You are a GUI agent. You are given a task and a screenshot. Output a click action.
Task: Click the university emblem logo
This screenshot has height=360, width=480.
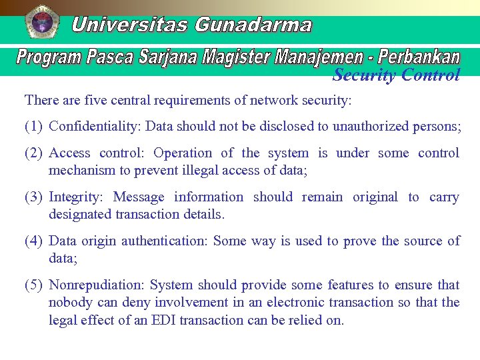point(41,23)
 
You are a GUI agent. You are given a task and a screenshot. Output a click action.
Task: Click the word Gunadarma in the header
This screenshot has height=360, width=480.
point(253,25)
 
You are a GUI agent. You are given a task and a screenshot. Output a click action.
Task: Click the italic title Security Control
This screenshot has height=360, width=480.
point(396,75)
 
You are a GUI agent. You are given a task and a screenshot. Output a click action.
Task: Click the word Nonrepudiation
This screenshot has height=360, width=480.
point(96,285)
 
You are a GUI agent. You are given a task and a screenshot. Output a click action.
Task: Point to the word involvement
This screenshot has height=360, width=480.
point(191,302)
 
